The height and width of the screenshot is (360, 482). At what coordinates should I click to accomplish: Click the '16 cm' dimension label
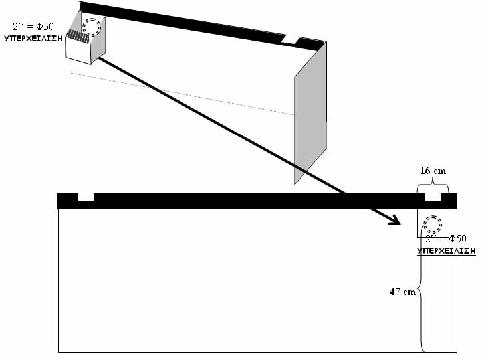(x=433, y=171)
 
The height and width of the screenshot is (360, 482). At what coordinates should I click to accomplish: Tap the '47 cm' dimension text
(x=403, y=291)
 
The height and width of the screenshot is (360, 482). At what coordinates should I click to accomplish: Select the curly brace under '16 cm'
(x=433, y=187)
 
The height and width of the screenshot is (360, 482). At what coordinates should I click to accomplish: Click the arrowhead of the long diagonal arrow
(x=394, y=221)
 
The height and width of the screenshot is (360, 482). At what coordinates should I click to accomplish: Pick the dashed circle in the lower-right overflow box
(x=433, y=223)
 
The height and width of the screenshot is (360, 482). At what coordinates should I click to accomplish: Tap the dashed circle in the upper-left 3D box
(x=92, y=26)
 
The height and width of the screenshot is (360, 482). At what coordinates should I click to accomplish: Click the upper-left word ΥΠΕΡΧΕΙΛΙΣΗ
(x=33, y=38)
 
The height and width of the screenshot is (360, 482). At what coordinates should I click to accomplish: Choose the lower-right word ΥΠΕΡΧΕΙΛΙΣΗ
(x=446, y=250)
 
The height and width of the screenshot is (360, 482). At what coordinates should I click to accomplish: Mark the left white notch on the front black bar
(x=86, y=197)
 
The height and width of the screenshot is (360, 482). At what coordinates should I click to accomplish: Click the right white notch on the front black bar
(x=433, y=197)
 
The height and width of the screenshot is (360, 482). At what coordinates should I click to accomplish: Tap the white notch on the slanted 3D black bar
(x=291, y=39)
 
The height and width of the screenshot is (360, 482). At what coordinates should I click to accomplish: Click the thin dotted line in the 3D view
(x=180, y=94)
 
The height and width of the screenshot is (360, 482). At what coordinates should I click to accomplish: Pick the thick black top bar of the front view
(x=253, y=201)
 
